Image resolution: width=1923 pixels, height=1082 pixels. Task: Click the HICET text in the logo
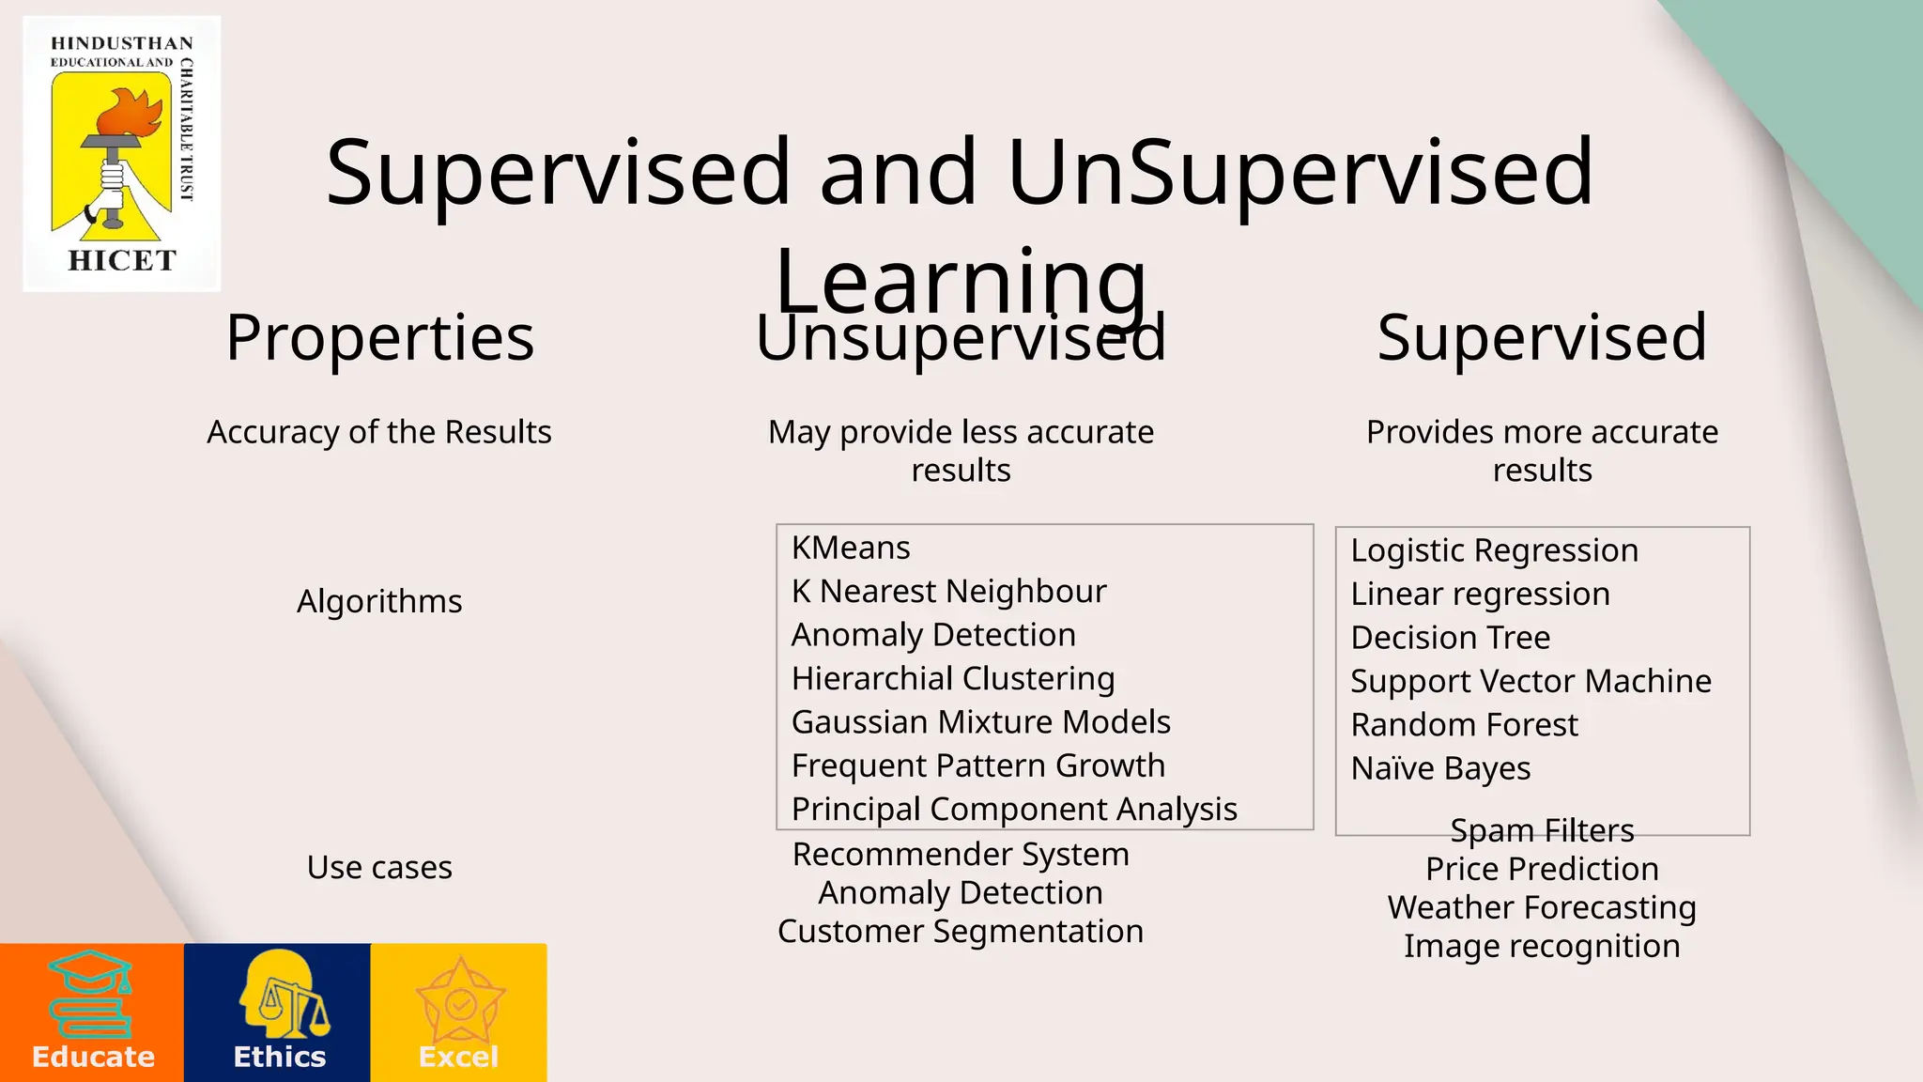tap(122, 260)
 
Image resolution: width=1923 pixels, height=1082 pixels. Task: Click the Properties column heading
tap(379, 337)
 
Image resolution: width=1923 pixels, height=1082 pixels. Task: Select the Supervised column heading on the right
tap(1542, 337)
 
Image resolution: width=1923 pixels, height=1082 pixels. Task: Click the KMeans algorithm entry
tap(851, 548)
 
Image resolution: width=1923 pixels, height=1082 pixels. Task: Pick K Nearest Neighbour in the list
tap(948, 592)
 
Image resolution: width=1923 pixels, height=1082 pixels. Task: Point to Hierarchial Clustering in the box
tap(953, 678)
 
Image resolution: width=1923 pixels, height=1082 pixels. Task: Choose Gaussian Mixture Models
tap(980, 722)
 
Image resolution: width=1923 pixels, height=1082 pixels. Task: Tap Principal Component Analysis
tap(1014, 810)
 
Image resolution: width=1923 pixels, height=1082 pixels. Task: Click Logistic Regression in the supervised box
tap(1494, 550)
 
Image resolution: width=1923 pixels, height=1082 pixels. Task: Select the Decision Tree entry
tap(1450, 638)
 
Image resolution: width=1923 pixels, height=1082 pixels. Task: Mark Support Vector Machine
tap(1531, 681)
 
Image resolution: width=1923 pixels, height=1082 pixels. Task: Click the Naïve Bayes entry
tap(1440, 768)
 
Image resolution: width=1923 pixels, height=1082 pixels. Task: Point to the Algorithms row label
tap(379, 601)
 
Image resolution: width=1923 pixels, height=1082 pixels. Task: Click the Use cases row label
tap(379, 867)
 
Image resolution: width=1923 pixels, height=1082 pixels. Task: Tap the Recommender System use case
tap(961, 855)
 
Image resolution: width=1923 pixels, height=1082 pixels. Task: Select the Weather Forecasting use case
tap(1542, 907)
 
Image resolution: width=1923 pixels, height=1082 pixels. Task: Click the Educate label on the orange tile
tap(93, 1057)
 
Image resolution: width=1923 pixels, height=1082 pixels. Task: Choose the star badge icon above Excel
tap(460, 1000)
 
